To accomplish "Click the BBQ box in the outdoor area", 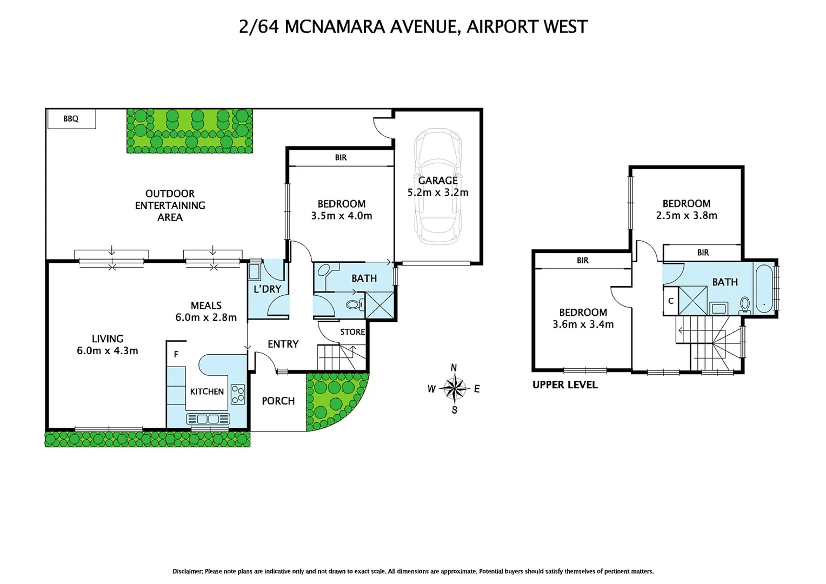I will coord(71,118).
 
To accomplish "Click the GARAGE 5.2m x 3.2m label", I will coord(438,187).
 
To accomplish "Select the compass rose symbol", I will coord(454,388).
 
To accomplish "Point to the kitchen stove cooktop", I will coord(237,394).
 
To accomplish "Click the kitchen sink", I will coord(208,419).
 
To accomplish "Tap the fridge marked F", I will coord(176,355).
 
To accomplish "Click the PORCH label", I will coord(278,401).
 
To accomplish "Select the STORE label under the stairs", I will coord(352,332).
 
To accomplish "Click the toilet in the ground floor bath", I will coord(354,305).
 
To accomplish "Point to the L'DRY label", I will coord(267,289).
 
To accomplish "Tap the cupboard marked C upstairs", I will coord(670,301).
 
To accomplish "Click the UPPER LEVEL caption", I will coord(565,385).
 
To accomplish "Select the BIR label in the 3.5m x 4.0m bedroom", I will coord(341,157).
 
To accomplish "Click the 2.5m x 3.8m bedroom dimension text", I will coord(687,216).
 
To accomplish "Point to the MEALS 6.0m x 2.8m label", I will coord(206,311).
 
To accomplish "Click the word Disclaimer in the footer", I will coord(187,571).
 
